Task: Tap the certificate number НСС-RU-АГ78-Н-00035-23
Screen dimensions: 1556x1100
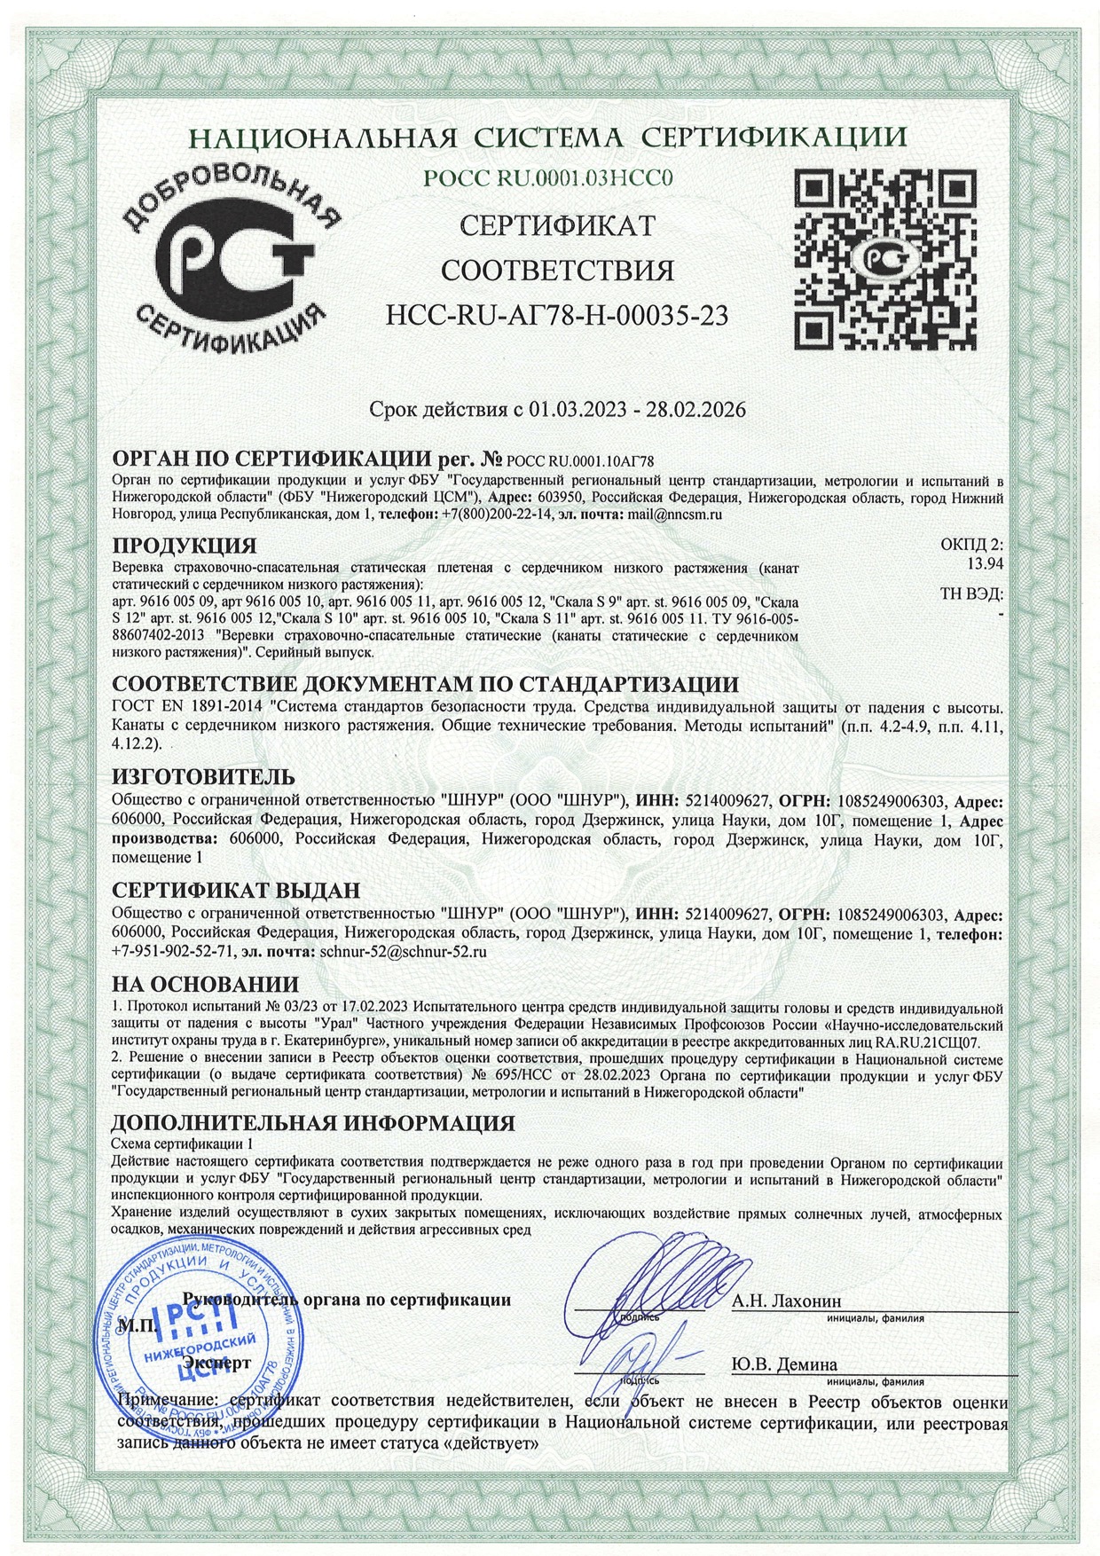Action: click(557, 314)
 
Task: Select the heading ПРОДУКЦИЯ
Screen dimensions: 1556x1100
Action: click(185, 544)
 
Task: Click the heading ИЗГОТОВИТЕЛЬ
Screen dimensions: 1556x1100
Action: click(202, 777)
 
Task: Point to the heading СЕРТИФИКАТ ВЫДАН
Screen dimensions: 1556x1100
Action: click(236, 890)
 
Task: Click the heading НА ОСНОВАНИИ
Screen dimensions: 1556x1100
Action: click(206, 985)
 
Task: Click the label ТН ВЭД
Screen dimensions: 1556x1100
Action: click(971, 595)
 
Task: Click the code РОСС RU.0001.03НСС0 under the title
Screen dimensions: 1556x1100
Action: click(549, 178)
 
